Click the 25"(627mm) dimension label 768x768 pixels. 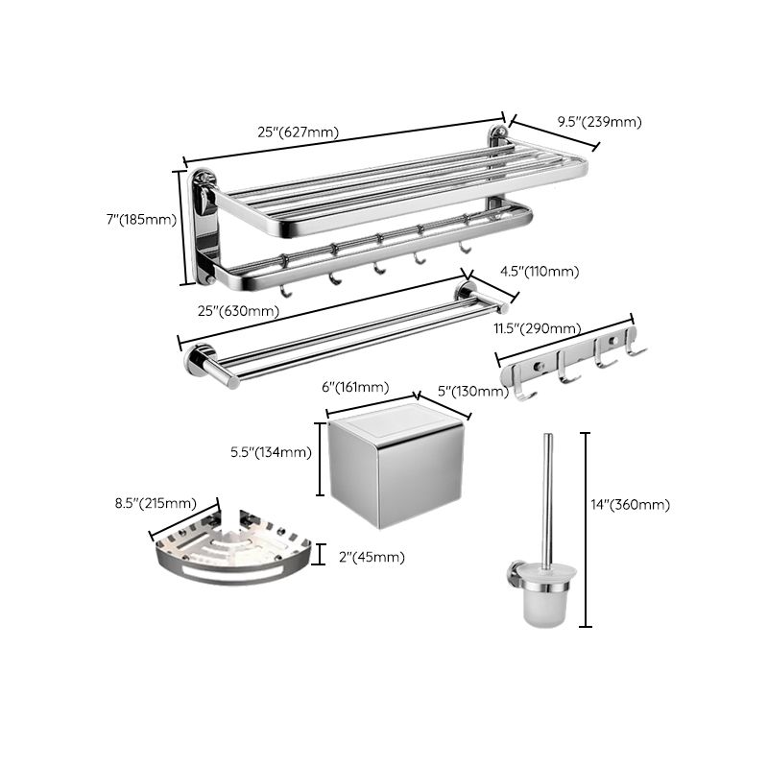pyautogui.click(x=298, y=132)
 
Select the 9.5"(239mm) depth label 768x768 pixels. pyautogui.click(x=601, y=122)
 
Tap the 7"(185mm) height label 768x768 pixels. pyautogui.click(x=141, y=219)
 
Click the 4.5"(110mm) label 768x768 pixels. pyautogui.click(x=540, y=272)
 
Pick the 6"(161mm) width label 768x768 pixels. pyautogui.click(x=355, y=387)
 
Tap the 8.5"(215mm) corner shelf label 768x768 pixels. pyautogui.click(x=155, y=503)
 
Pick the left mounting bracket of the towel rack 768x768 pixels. pyautogui.click(x=204, y=226)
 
